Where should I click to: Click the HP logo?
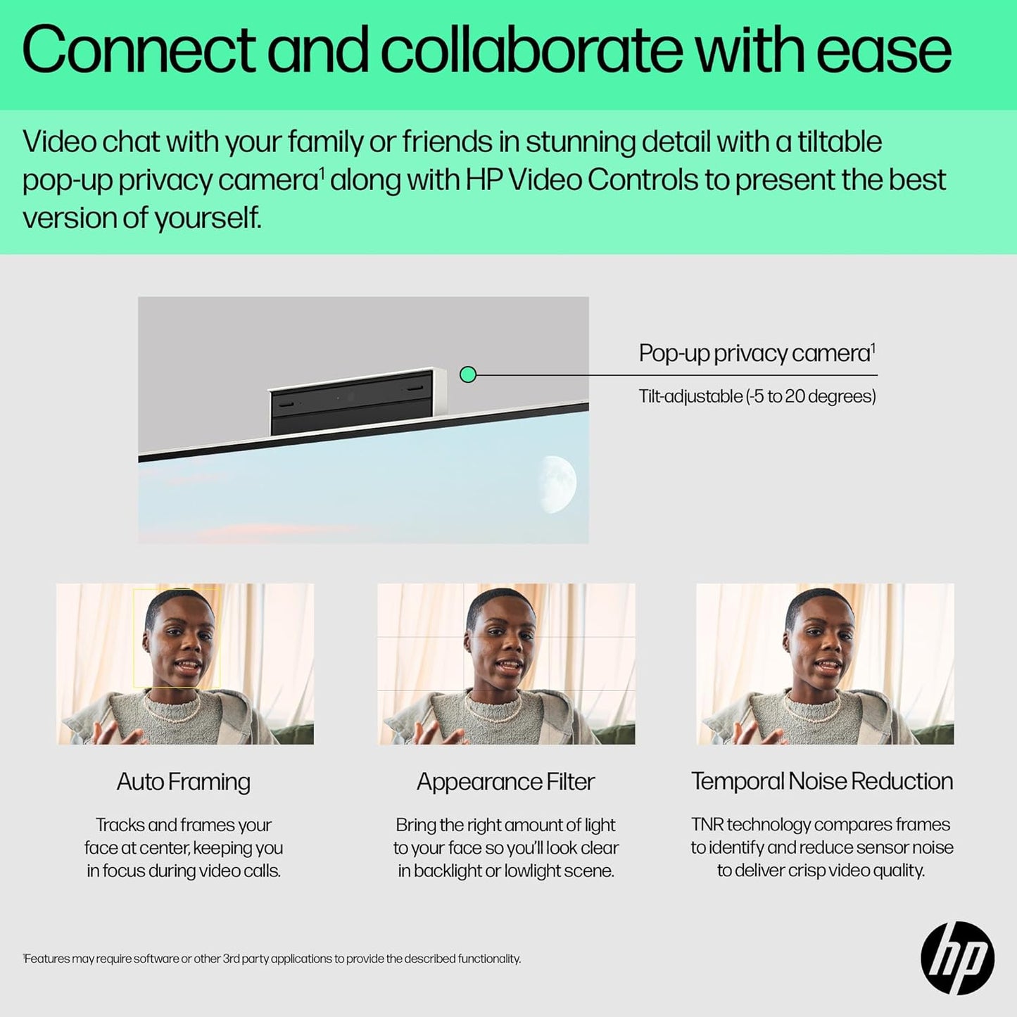click(x=957, y=957)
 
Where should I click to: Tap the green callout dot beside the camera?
click(x=468, y=375)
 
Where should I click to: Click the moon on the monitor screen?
click(x=557, y=484)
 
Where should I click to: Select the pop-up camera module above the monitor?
click(x=357, y=402)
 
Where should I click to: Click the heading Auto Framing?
click(x=184, y=782)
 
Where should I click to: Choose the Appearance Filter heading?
click(x=505, y=782)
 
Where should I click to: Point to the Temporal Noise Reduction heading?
click(x=822, y=781)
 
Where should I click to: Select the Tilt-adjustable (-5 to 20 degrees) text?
click(x=757, y=396)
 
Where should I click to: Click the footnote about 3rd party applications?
click(x=272, y=959)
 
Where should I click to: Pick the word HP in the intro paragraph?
click(x=484, y=179)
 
